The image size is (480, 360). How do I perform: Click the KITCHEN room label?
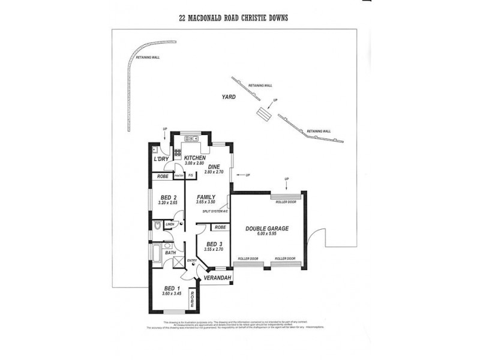[195, 157]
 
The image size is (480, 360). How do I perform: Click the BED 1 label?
[172, 289]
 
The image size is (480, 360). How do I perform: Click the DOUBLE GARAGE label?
[268, 229]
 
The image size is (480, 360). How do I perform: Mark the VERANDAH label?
[214, 279]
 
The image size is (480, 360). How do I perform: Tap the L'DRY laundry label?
[160, 159]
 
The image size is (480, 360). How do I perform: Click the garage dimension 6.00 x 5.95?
[268, 235]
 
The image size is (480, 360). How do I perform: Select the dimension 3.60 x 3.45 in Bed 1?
[172, 295]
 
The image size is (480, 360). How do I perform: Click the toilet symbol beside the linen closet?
[157, 226]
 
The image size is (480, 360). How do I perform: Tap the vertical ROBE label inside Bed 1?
[192, 299]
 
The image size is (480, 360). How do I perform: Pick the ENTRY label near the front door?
[191, 260]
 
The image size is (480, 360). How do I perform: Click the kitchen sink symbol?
[194, 139]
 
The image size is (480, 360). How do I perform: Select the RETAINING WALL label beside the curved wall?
[148, 58]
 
